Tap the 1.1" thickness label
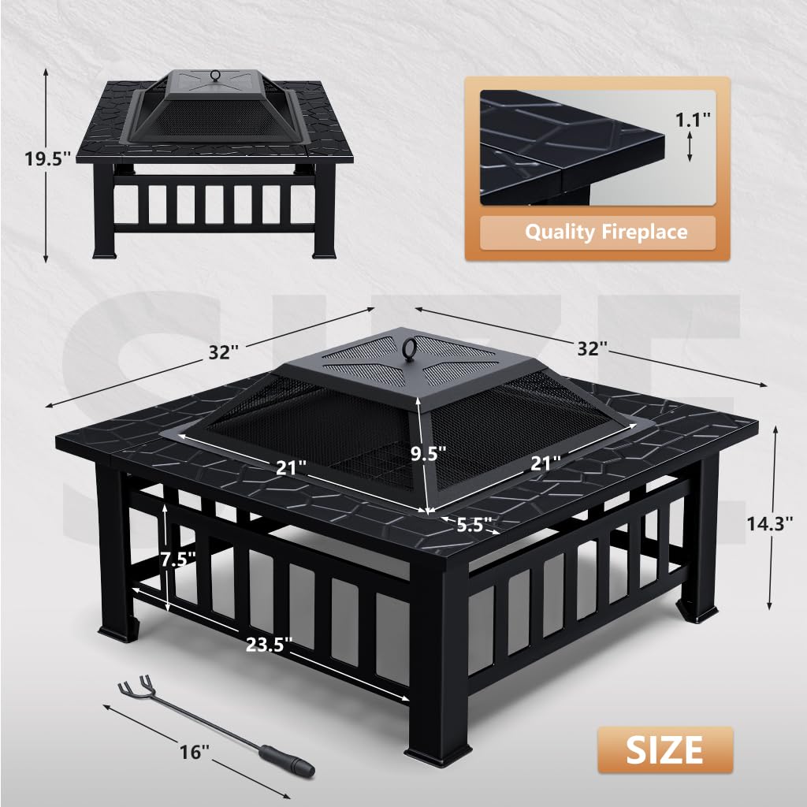pyautogui.click(x=694, y=120)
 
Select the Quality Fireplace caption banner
pyautogui.click(x=606, y=232)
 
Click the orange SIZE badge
pyautogui.click(x=664, y=749)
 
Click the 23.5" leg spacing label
pyautogui.click(x=269, y=644)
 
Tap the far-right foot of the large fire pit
pyautogui.click(x=700, y=612)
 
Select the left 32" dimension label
pyautogui.click(x=225, y=352)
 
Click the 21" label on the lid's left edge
pyautogui.click(x=291, y=467)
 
